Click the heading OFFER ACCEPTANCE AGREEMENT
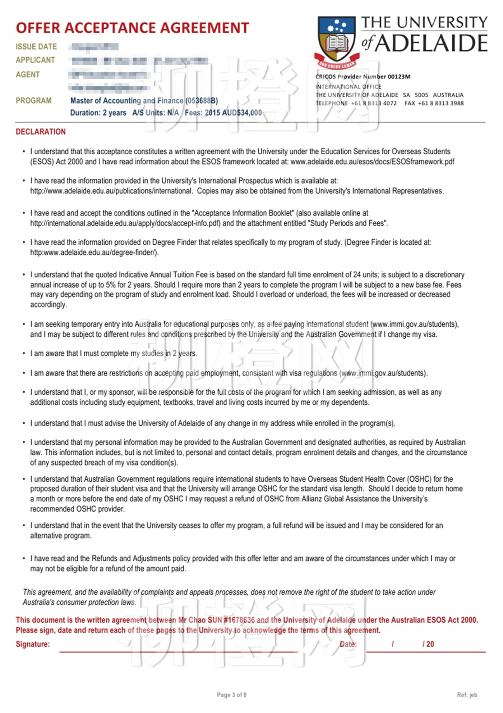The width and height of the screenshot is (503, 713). point(132,28)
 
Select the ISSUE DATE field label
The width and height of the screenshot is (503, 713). point(36,47)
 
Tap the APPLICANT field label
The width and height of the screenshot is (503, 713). point(35,60)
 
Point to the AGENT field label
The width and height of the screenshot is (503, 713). point(28,75)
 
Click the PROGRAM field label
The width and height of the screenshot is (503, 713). point(33,101)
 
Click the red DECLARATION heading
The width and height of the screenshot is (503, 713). point(41,132)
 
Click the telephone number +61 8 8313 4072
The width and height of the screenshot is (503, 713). point(374,104)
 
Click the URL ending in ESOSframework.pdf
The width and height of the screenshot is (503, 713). point(372,162)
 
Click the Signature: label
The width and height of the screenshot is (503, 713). point(33,644)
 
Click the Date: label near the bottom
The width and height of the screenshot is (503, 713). point(348,644)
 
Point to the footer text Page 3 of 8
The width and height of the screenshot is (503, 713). point(231,695)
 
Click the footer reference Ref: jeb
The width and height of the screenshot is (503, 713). point(467,695)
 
